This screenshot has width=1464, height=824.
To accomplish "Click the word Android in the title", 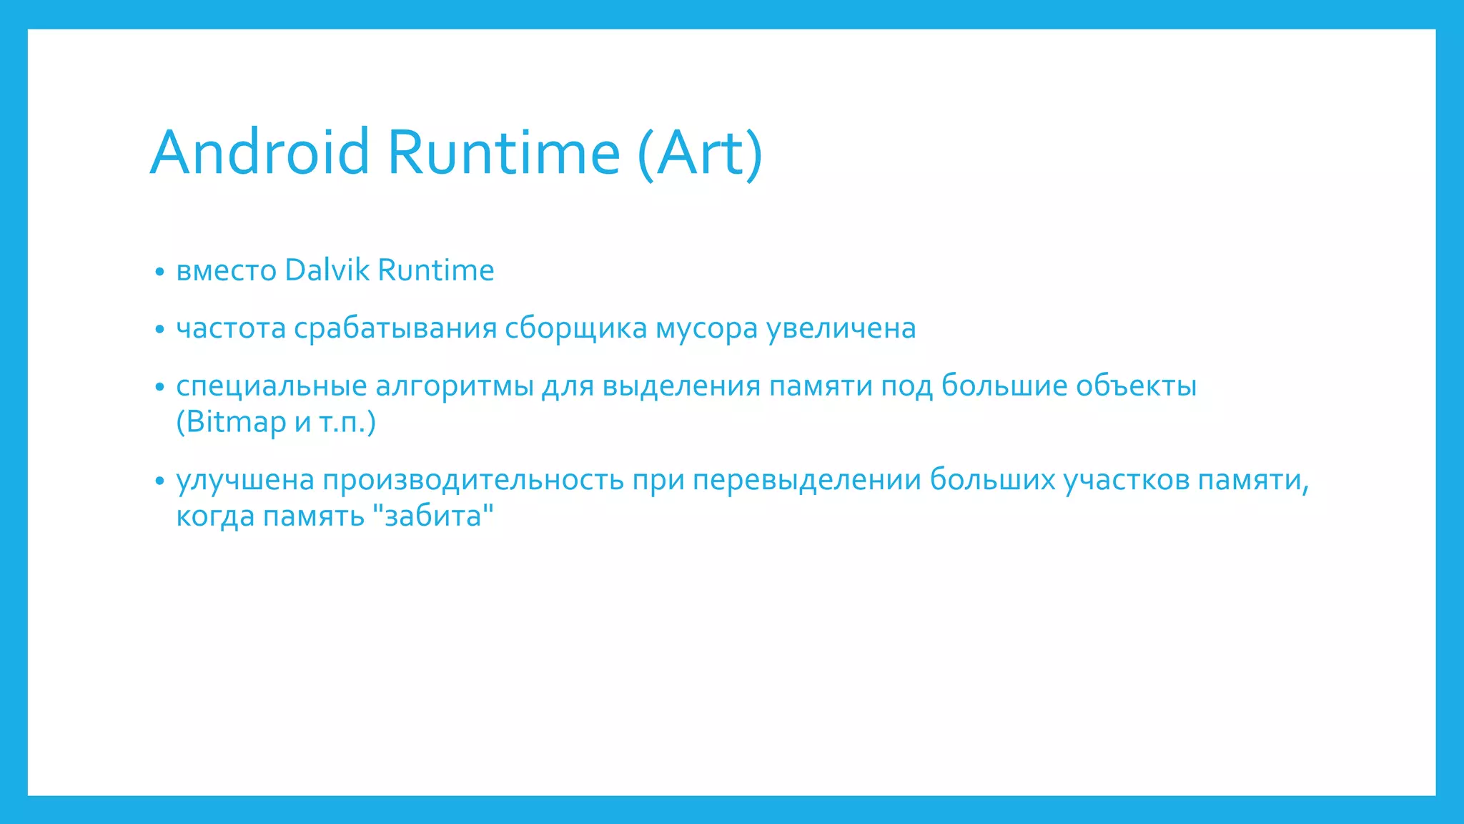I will (x=259, y=152).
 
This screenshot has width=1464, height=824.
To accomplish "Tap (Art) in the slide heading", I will (x=700, y=153).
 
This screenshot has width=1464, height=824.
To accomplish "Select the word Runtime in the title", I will (x=504, y=152).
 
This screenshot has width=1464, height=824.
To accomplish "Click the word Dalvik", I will (x=327, y=270).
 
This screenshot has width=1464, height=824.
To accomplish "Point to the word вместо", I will (x=226, y=271).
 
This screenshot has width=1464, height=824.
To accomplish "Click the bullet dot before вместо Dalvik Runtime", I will (x=159, y=272).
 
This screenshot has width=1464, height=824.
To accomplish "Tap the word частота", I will (x=231, y=328).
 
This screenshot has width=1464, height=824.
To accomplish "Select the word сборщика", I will (x=575, y=328).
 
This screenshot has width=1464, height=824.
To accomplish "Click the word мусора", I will (x=706, y=329).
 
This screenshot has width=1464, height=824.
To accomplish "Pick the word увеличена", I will (x=841, y=328).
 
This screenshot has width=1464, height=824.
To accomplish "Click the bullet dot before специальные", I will (x=159, y=387).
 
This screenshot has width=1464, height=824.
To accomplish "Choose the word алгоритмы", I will (x=454, y=386).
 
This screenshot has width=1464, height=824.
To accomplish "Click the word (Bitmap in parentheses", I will (x=231, y=422).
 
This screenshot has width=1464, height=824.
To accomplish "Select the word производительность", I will (x=473, y=480).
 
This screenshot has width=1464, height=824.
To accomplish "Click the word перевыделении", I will (x=807, y=480).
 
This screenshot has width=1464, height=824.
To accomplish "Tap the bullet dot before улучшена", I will (x=159, y=481).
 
